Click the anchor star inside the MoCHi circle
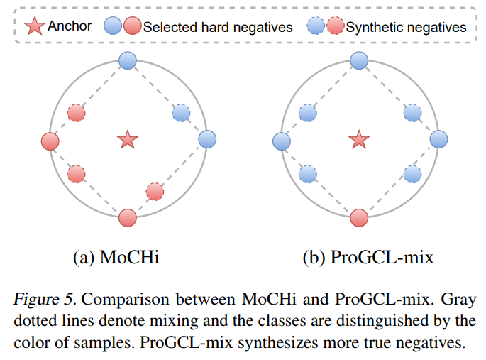coord(128,139)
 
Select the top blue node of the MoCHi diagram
coord(128,61)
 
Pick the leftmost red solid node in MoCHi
coord(50,141)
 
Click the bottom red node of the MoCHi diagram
coord(128,217)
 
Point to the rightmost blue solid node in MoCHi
coord(206,139)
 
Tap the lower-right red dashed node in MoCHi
coord(155,190)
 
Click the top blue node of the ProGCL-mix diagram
coord(360,61)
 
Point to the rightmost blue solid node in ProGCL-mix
coord(438,139)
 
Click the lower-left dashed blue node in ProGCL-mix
coord(307,173)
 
